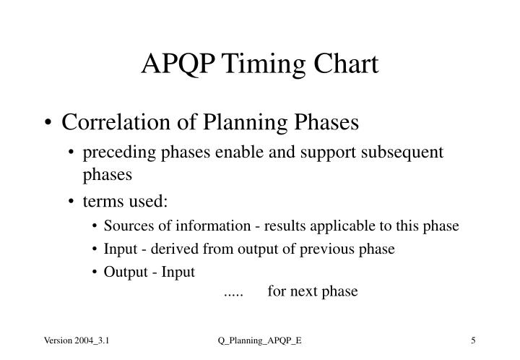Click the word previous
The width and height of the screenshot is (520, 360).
click(318, 249)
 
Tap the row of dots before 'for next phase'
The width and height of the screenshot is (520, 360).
click(233, 293)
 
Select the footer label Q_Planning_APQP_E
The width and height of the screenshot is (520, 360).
click(260, 340)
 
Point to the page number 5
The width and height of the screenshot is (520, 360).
click(472, 340)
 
